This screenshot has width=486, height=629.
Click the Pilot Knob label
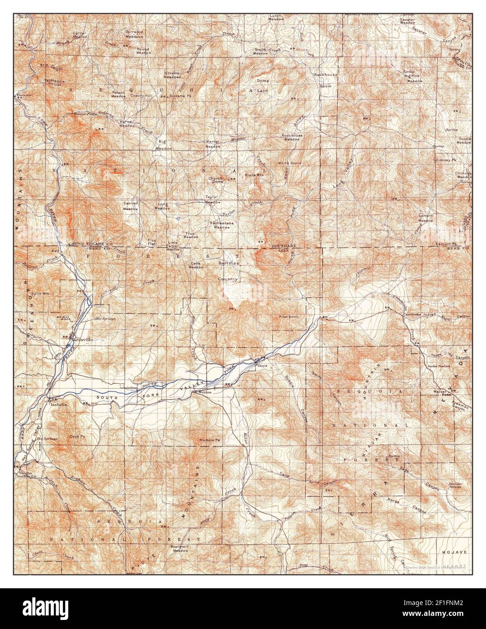[x=288, y=317]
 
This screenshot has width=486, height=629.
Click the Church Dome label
[x=216, y=180]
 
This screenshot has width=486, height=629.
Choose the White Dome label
[x=289, y=163]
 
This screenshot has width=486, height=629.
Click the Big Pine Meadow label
[x=414, y=78]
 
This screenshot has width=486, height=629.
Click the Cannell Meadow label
[x=131, y=206]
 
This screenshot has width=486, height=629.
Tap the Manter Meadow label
[x=213, y=144]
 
